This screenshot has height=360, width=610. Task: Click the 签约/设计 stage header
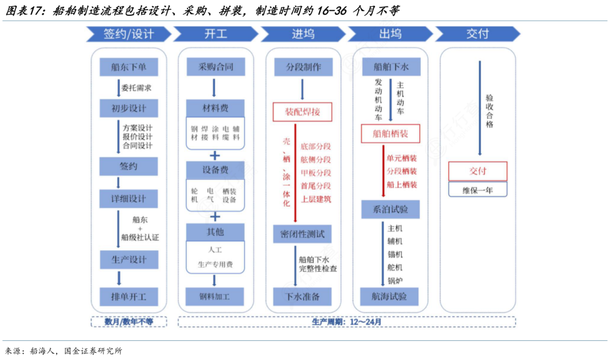click(128, 34)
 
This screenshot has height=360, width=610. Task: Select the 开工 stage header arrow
click(215, 34)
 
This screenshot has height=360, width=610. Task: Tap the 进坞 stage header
click(303, 34)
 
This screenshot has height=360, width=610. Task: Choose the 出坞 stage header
click(390, 34)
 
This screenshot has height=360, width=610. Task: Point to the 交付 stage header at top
click(477, 34)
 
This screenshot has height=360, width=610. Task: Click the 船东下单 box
click(128, 67)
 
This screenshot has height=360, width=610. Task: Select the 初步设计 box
click(128, 107)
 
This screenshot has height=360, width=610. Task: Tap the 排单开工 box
click(128, 296)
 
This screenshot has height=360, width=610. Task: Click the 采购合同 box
click(215, 67)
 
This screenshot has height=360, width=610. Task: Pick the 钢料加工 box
click(215, 296)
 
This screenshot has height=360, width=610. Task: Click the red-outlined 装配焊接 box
click(303, 112)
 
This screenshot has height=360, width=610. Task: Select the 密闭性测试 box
click(303, 234)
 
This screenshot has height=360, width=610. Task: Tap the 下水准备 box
click(303, 296)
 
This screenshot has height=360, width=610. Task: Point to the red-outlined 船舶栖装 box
click(390, 134)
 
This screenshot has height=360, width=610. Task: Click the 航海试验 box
click(390, 296)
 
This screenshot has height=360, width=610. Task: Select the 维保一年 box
click(477, 190)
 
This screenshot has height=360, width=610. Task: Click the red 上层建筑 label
click(316, 199)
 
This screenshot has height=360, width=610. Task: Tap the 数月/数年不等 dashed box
click(129, 322)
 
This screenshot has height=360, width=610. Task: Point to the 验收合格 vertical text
click(489, 111)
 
